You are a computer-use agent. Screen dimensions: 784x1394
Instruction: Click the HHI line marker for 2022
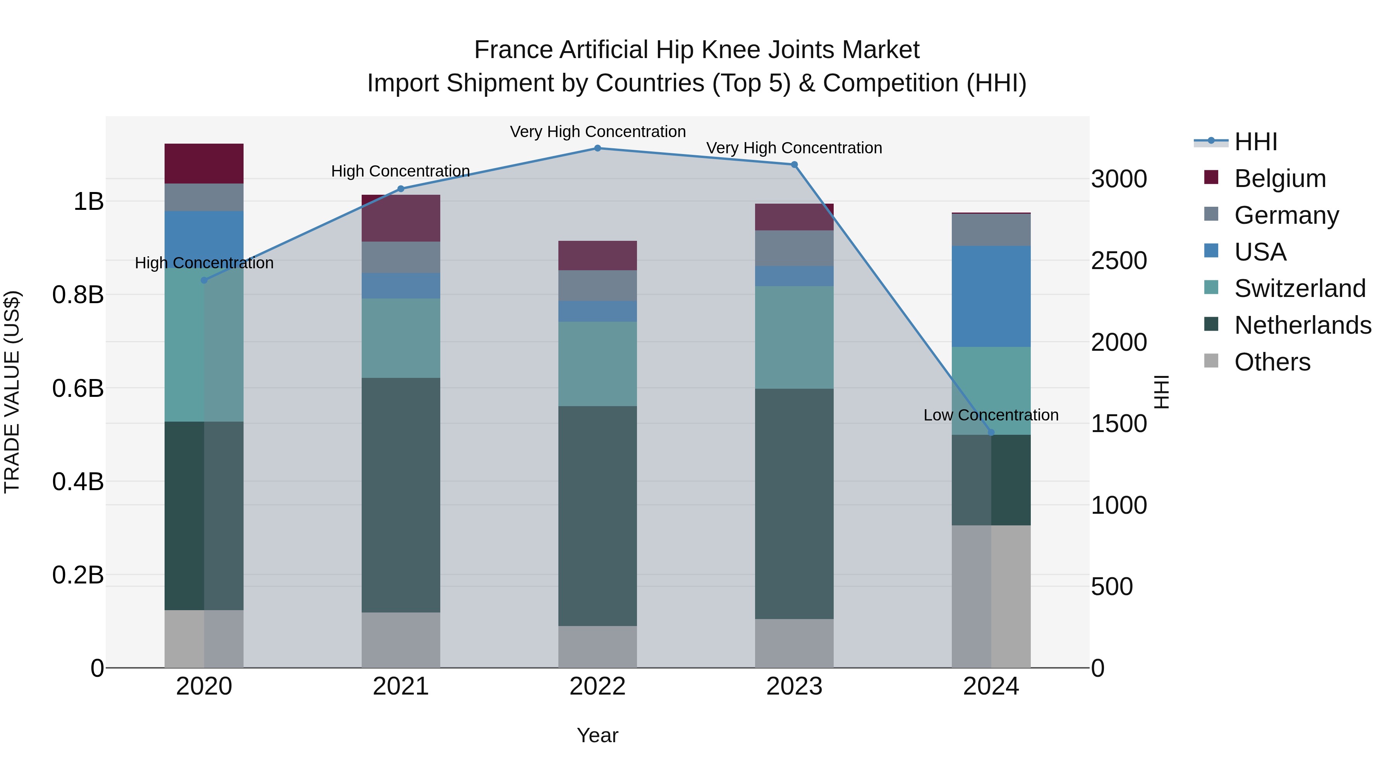[597, 148]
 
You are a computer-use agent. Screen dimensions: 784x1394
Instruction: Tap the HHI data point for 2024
[991, 432]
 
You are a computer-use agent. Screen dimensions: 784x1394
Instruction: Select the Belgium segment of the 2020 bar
[204, 163]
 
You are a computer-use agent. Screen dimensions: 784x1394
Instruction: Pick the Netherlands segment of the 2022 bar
[597, 516]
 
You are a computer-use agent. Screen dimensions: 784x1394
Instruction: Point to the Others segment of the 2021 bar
[400, 640]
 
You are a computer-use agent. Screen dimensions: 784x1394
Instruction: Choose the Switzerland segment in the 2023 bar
[794, 337]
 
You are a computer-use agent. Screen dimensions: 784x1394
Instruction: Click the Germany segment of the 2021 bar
[400, 257]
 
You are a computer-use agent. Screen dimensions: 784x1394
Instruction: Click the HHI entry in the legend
[1255, 142]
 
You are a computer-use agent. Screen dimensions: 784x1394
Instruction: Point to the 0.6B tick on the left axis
[78, 388]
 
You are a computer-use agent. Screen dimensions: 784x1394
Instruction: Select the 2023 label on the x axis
[794, 686]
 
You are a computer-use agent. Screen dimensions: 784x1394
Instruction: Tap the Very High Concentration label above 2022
[597, 132]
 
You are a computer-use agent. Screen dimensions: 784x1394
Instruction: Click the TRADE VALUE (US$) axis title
[12, 392]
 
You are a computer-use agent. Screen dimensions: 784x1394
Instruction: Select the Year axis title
[597, 735]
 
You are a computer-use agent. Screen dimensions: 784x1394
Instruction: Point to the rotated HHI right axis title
[1162, 392]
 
